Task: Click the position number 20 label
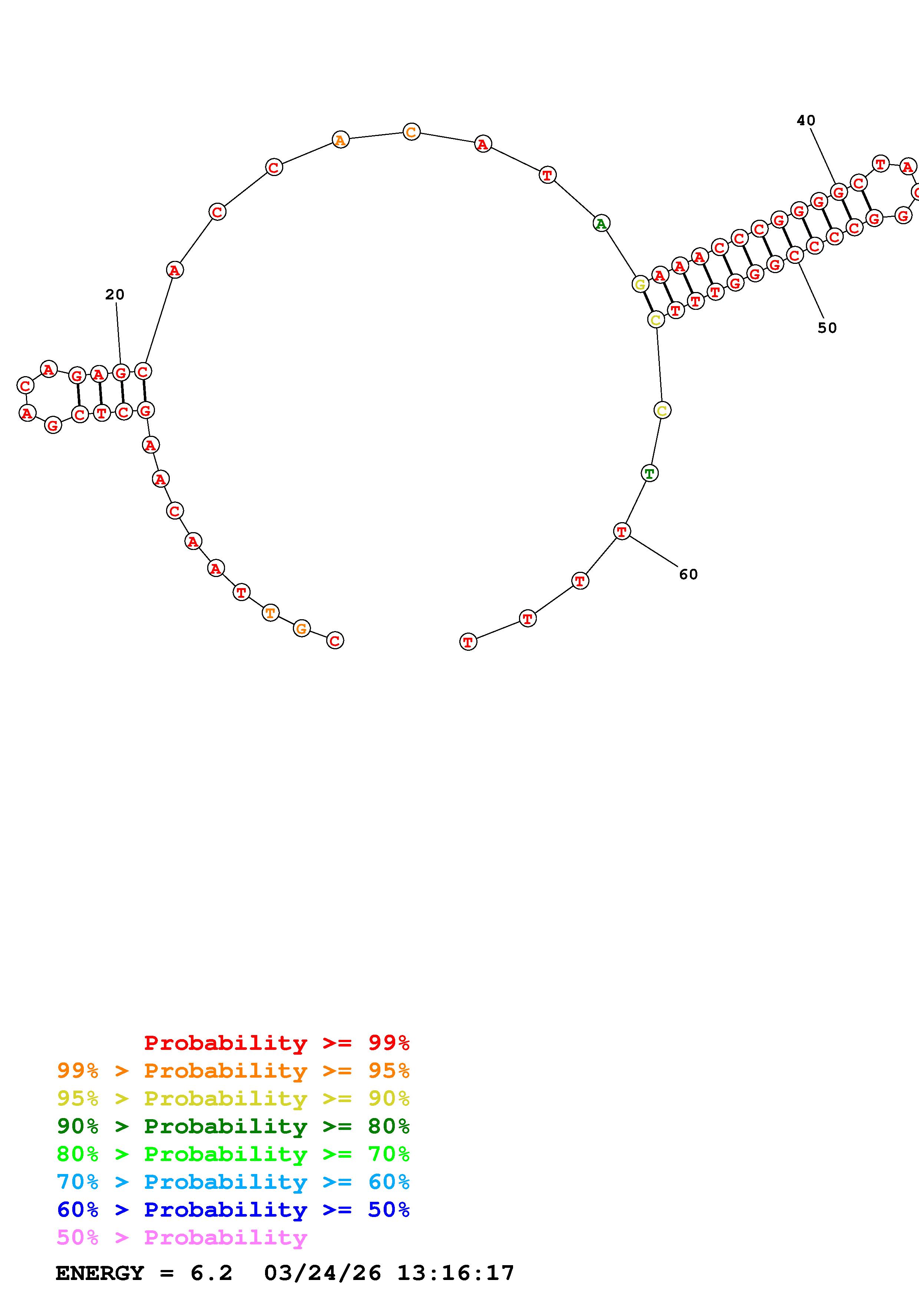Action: (x=115, y=294)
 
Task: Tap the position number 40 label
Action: (x=806, y=120)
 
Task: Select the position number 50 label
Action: (x=827, y=328)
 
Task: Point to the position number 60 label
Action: (x=688, y=574)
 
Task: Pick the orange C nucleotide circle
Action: (x=411, y=132)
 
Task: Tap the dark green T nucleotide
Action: (x=649, y=473)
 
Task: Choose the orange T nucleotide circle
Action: (x=271, y=613)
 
